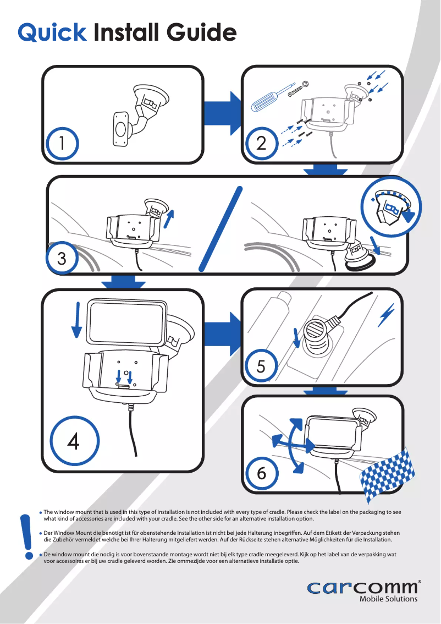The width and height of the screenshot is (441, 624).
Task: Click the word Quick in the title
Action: click(52, 32)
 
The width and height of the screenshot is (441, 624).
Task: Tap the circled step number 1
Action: click(62, 143)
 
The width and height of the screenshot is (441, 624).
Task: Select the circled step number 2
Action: click(261, 143)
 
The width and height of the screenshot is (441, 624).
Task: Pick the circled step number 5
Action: click(261, 365)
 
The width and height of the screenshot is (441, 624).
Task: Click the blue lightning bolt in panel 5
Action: click(388, 315)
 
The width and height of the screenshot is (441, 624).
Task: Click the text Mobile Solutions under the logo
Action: click(388, 599)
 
